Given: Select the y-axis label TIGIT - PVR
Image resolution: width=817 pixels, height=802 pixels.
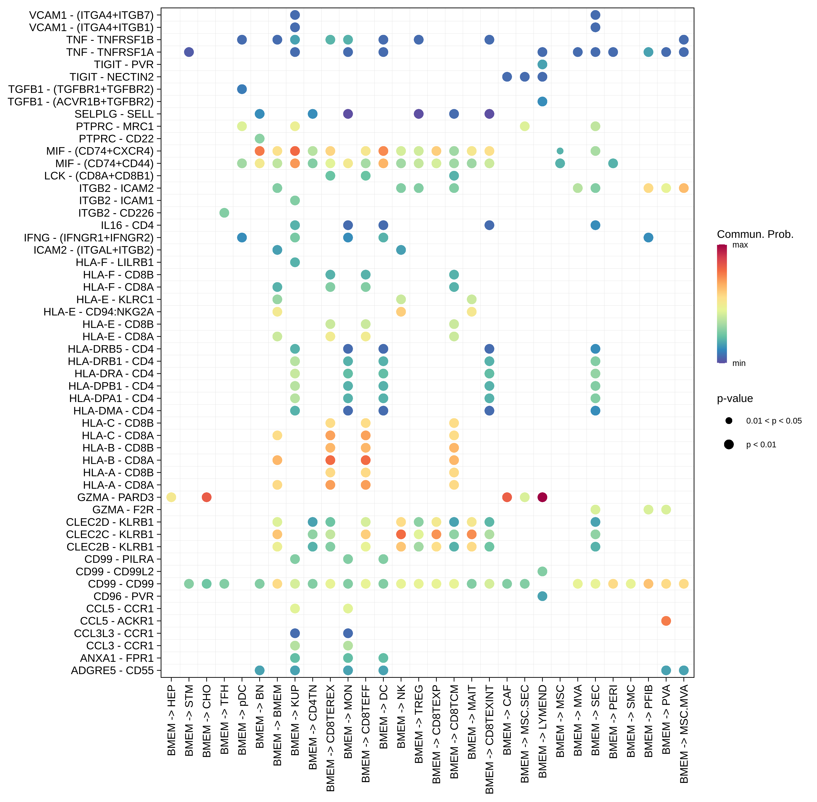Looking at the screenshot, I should [124, 64].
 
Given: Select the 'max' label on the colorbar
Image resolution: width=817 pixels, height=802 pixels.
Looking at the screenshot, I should [740, 245].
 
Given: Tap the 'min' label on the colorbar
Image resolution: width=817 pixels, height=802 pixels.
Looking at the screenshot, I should [739, 363].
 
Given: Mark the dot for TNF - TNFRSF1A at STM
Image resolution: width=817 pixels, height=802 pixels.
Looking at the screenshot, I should [189, 52].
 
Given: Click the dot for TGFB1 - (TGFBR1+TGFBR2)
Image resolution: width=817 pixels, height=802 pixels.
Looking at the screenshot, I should [242, 89].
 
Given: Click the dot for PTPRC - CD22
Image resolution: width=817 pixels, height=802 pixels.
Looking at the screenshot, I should [259, 139].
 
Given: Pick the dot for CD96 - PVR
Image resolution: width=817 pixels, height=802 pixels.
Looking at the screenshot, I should [542, 596].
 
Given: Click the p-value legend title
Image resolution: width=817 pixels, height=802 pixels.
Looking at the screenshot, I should [735, 398].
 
